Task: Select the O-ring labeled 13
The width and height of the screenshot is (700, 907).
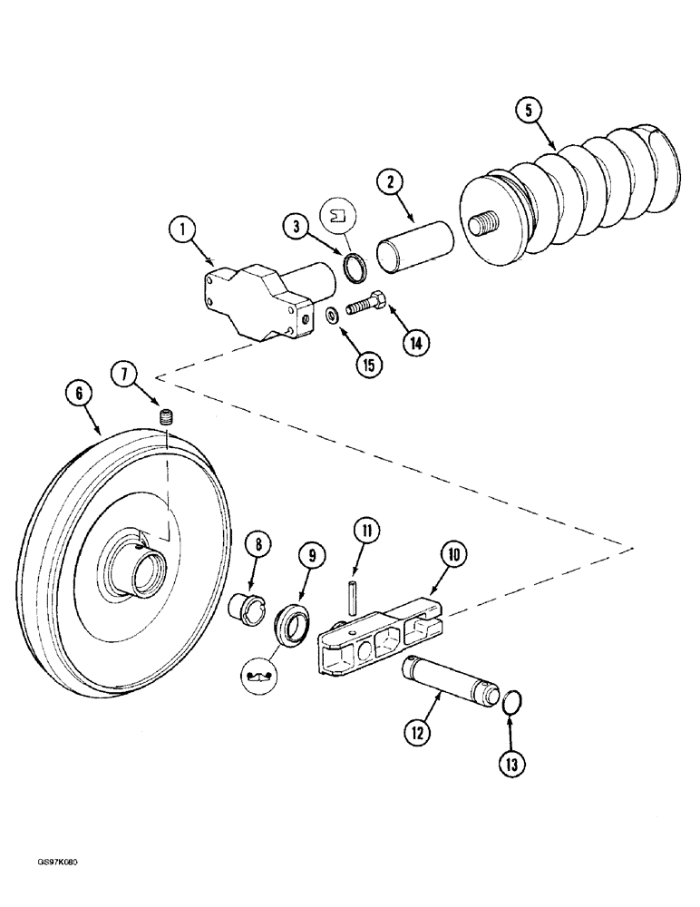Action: point(510,704)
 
